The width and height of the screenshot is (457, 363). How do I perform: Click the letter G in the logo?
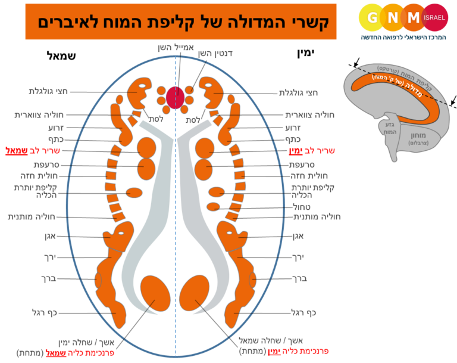click(372, 17)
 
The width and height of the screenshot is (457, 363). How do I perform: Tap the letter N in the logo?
click(392, 17)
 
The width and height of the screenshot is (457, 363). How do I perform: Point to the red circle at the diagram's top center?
click(176, 97)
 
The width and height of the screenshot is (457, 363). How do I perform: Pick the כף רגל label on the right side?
click(304, 312)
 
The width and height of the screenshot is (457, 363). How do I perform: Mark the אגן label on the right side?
click(298, 237)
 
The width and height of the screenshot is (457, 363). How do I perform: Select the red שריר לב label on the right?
click(317, 151)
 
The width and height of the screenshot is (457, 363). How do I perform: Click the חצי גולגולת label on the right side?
click(299, 92)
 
